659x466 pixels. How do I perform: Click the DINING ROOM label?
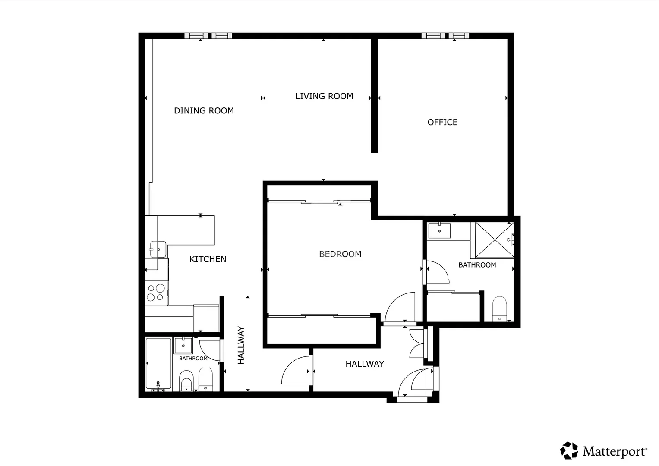(204, 110)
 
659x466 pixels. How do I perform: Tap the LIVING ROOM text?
(324, 96)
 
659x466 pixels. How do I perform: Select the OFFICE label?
(442, 122)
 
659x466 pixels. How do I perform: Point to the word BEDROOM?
(340, 254)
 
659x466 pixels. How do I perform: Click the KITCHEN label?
(208, 259)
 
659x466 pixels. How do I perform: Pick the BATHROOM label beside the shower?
(477, 265)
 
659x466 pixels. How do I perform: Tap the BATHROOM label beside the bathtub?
(193, 358)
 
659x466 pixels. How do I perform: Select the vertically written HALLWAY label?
(241, 345)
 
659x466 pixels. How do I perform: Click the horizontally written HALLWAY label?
(365, 364)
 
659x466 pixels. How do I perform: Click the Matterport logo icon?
(569, 450)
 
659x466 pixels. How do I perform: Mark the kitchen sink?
(158, 249)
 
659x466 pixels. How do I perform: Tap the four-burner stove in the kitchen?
(156, 293)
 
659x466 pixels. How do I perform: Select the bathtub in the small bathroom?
(158, 364)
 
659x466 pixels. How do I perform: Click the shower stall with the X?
(495, 240)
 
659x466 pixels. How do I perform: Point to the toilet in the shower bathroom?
(500, 309)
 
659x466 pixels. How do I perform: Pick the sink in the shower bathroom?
(439, 230)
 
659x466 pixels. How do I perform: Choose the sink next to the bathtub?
(183, 345)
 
